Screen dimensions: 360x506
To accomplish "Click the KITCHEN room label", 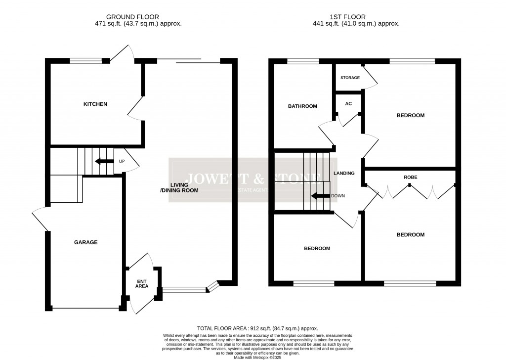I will pos(95,104).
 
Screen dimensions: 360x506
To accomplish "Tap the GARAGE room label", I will pos(86,242).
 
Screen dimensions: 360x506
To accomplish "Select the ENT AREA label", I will pos(142,283).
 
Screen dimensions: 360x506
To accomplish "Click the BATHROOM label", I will pos(302,106).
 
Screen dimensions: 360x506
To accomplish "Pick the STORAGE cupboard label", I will pos(350,78).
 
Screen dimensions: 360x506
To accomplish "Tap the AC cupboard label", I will pos(348,103).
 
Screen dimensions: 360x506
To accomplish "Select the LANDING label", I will pos(344,173).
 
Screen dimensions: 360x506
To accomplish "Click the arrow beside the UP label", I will pos(104,161).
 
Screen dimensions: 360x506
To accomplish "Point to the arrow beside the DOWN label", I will pos(320,196).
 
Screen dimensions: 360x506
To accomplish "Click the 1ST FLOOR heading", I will pos(356,17).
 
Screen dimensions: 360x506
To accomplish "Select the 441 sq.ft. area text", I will pos(356,23).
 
